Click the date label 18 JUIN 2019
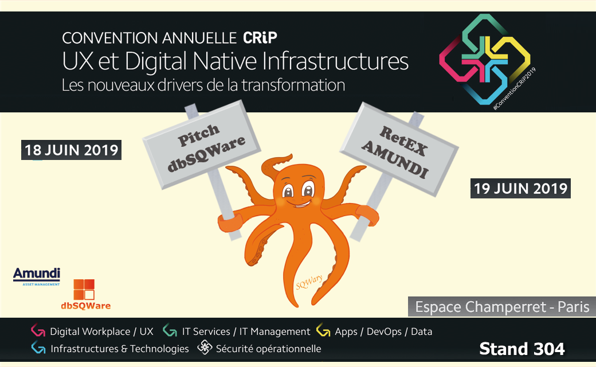71,150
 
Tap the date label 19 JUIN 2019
520,188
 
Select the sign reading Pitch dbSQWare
202,145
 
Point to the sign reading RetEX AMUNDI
399,150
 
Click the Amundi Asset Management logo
37,276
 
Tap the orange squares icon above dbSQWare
84,290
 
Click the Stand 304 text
522,349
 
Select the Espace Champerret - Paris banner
502,307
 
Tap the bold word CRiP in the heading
260,38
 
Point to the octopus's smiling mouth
300,204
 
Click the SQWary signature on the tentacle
309,282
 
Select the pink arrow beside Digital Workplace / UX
38,330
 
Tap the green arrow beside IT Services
170,330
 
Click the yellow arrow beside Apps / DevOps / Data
323,330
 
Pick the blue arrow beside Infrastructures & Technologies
38,348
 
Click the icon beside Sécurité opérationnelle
205,348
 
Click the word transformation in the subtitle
293,85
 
